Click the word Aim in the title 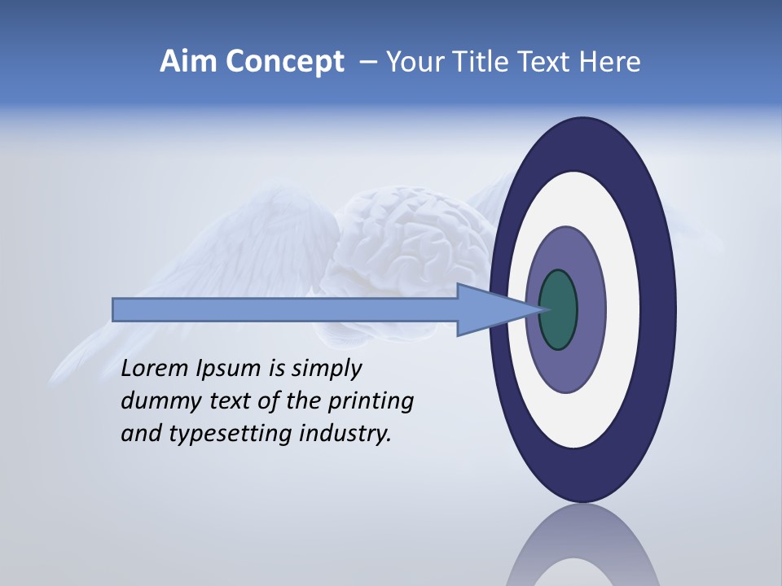[189, 62]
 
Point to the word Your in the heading [415, 62]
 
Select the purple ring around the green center [566, 366]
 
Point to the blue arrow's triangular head [489, 309]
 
